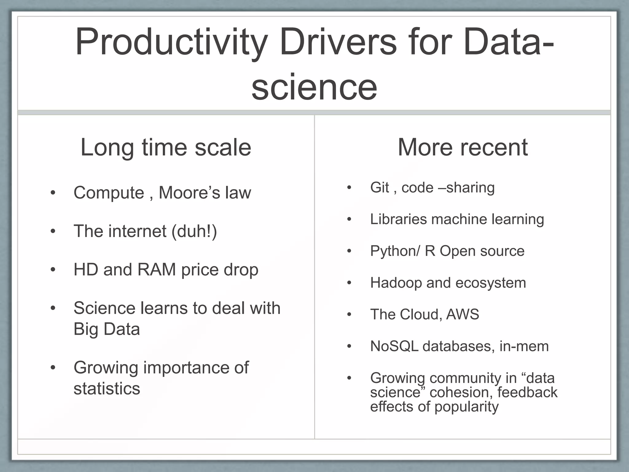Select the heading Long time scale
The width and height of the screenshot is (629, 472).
tap(166, 147)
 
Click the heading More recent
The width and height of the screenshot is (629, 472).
tap(463, 147)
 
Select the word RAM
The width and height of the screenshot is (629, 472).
tap(157, 269)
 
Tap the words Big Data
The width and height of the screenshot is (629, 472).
tap(107, 329)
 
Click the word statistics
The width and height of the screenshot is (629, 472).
tap(107, 388)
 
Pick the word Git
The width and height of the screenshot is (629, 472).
tap(380, 187)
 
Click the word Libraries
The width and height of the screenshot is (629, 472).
tap(398, 219)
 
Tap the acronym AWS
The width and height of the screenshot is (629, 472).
tap(463, 314)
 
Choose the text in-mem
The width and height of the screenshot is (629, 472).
tap(524, 346)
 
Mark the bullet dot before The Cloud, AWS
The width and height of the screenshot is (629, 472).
tap(349, 315)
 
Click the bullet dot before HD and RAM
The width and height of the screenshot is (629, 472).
tap(53, 270)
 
